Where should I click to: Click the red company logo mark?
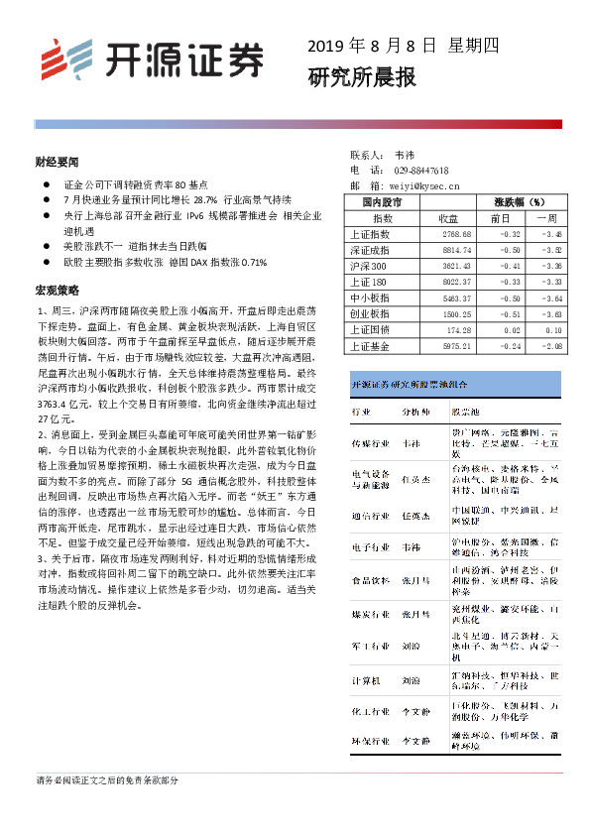(62, 60)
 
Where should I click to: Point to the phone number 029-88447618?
(420, 171)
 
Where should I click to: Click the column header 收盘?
(447, 217)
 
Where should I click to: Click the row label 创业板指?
(370, 313)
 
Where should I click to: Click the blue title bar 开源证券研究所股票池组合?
(407, 383)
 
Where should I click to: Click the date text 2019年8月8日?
(371, 46)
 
